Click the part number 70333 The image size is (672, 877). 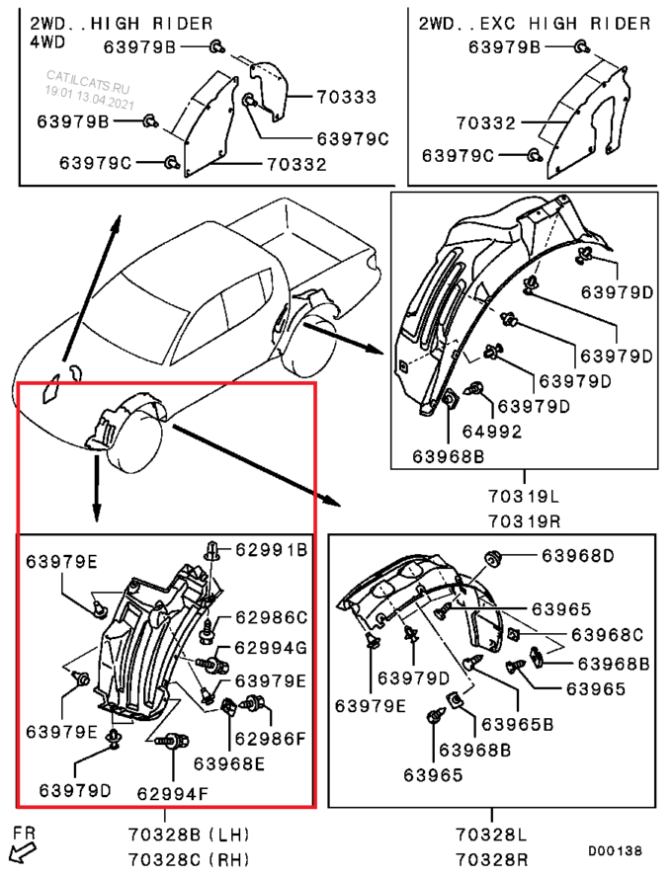346,97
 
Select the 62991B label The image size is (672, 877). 272,550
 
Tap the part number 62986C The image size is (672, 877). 272,617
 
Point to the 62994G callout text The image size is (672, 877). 272,648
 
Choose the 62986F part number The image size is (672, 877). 270,739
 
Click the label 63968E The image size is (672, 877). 229,763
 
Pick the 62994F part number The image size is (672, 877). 173,793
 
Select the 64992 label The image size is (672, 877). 492,432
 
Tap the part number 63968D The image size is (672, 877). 578,555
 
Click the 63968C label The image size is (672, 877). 607,635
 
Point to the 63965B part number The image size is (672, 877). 518,724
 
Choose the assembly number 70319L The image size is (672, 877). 524,496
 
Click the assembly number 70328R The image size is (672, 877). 492,858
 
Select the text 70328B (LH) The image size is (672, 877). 189,835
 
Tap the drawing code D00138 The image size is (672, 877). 615,850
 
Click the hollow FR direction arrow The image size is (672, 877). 23,853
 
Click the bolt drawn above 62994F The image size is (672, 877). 172,741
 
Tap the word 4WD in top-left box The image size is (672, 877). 47,41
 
